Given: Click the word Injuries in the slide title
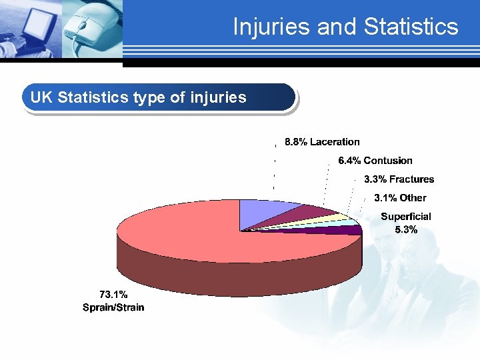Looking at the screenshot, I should [x=272, y=27].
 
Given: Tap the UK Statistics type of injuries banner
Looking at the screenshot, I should [x=159, y=98].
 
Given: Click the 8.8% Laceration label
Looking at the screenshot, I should [x=322, y=142].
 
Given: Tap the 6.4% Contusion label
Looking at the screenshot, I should [x=375, y=161].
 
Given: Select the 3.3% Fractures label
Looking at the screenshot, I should [x=399, y=179].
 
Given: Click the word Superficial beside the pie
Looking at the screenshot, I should [x=405, y=217].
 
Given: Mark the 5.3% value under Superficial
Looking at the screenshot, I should [x=405, y=230].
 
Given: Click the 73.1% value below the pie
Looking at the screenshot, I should [x=113, y=294].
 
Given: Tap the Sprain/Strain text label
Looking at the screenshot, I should [x=113, y=307].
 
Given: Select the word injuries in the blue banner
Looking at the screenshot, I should [x=218, y=98].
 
